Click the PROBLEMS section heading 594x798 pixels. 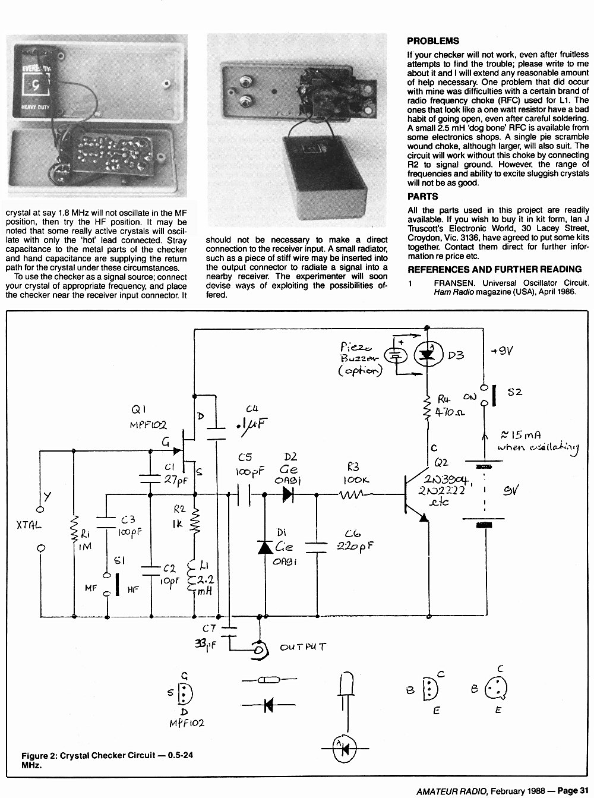433,41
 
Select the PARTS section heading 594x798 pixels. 422,197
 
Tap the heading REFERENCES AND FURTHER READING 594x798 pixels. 494,269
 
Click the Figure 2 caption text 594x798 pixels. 107,759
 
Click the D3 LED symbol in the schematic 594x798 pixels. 427,355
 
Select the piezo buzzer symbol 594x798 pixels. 396,356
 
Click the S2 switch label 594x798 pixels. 514,392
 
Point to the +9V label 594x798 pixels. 503,351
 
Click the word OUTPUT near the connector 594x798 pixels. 303,647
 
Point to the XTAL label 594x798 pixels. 29,525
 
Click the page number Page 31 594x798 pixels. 573,791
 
